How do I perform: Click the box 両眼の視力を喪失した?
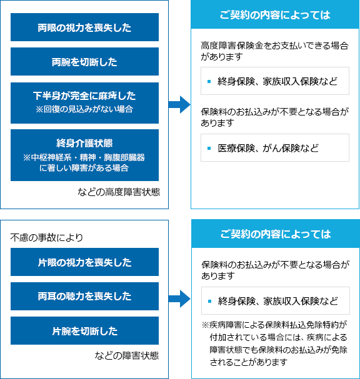[x=84, y=27]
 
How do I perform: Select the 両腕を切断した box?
[x=84, y=61]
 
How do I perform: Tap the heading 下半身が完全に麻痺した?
[x=84, y=96]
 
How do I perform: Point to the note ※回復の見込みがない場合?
[x=84, y=109]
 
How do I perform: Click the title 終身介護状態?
[x=84, y=143]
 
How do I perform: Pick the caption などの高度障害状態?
[x=119, y=192]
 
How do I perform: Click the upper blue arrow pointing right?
[x=179, y=104]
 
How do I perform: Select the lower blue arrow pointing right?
[x=179, y=298]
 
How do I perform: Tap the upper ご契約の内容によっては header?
[x=275, y=14]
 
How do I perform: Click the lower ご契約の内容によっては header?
[x=276, y=234]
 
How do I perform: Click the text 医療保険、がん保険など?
[x=268, y=148]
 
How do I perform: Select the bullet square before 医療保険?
[x=209, y=148]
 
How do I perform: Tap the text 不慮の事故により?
[x=46, y=238]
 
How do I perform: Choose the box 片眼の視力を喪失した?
[x=84, y=262]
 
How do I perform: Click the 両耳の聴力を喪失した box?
[x=84, y=296]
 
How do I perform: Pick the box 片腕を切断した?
[x=84, y=330]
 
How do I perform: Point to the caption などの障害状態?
[x=126, y=355]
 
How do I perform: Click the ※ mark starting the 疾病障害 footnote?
[x=205, y=325]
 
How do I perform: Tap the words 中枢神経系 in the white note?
[x=51, y=157]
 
